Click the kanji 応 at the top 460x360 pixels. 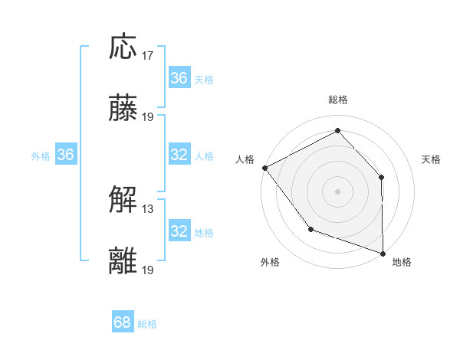pos(123,47)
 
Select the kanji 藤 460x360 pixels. pos(123,109)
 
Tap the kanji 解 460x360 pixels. pos(123,201)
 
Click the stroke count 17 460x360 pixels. pos(148,55)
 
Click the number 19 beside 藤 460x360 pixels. pos(148,116)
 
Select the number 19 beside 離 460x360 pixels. pos(148,270)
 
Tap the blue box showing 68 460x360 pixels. pos(123,322)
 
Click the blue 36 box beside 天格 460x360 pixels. pos(179,78)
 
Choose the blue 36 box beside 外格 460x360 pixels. pos(66,155)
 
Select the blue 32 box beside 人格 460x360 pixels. pos(179,155)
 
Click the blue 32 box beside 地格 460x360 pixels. pos(179,231)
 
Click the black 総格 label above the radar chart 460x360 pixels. pos(337,100)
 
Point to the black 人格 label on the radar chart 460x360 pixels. pos(245,159)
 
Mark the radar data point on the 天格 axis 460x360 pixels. pos(382,177)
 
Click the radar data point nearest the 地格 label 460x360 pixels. pos(383,253)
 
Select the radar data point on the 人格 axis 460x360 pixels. pos(264,168)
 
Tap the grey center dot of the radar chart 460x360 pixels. pos(337,191)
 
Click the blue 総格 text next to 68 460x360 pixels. pos(147,324)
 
